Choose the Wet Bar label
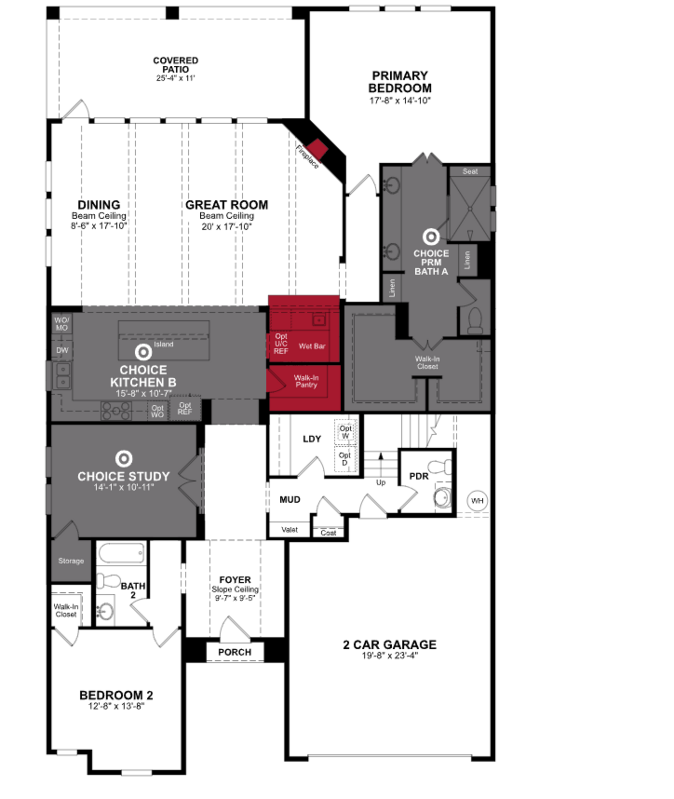tap(312, 346)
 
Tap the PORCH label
tap(235, 652)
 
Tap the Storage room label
tap(71, 561)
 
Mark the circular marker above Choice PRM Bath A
tap(431, 237)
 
